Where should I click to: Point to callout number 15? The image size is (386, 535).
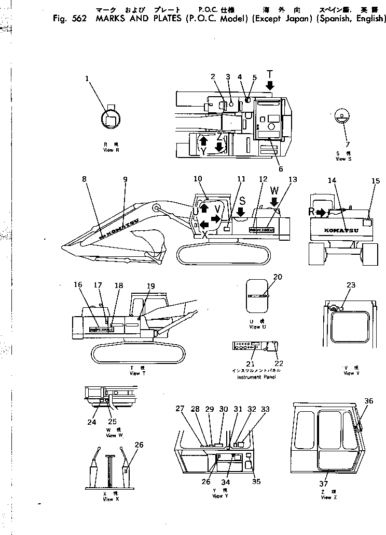pos(376,181)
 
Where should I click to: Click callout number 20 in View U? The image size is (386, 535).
pos(278,277)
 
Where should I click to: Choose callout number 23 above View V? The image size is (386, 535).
pos(351,284)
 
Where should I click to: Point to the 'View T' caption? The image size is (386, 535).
pos(134,372)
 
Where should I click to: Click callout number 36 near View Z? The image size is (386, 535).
pos(368,400)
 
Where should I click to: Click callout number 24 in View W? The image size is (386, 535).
pos(92,422)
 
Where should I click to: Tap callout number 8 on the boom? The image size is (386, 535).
pos(84,179)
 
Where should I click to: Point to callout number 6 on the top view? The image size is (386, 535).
pos(280,168)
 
